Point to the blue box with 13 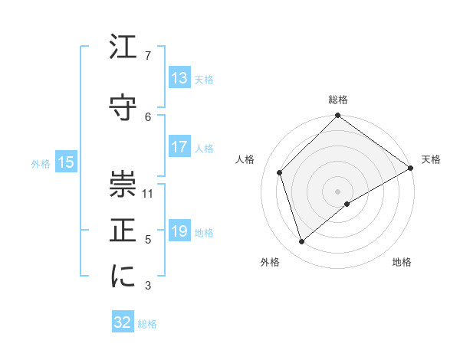tap(179, 78)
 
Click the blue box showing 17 tap(179, 147)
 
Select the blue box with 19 tap(179, 231)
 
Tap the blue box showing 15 tap(66, 162)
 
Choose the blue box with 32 tap(123, 322)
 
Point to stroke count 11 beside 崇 tap(148, 193)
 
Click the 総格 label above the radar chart tap(338, 100)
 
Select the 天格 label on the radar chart tap(431, 159)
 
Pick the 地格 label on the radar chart tap(402, 263)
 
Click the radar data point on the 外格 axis tap(302, 242)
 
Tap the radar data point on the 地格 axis tap(347, 204)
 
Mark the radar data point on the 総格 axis tap(338, 116)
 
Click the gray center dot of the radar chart tap(338, 191)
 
